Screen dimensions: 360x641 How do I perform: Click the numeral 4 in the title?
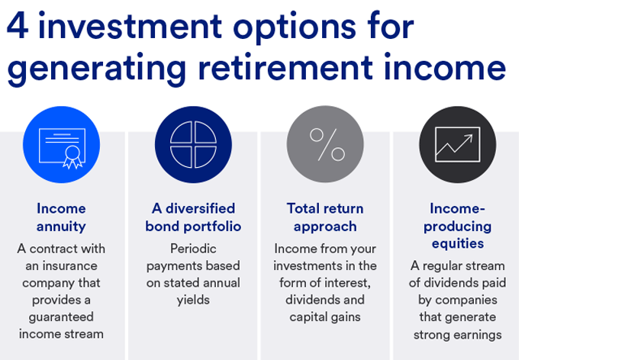click(18, 27)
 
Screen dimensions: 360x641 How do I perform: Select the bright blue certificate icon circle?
click(61, 144)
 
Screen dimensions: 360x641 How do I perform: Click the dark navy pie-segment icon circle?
click(193, 144)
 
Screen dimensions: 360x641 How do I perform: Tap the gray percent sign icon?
click(326, 144)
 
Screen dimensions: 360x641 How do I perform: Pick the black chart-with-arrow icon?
click(457, 144)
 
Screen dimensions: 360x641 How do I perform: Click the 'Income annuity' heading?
click(61, 217)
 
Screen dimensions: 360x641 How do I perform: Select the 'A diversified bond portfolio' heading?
click(193, 217)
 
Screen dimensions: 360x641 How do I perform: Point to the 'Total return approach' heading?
click(325, 217)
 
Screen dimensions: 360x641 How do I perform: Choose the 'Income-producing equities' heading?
click(457, 226)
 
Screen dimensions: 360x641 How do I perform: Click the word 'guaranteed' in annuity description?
click(61, 317)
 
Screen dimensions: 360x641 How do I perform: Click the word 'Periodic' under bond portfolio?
click(193, 249)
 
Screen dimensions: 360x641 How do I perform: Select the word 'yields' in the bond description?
click(193, 300)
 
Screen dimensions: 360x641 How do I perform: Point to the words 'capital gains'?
click(325, 317)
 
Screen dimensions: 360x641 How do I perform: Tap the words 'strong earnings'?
click(457, 334)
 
